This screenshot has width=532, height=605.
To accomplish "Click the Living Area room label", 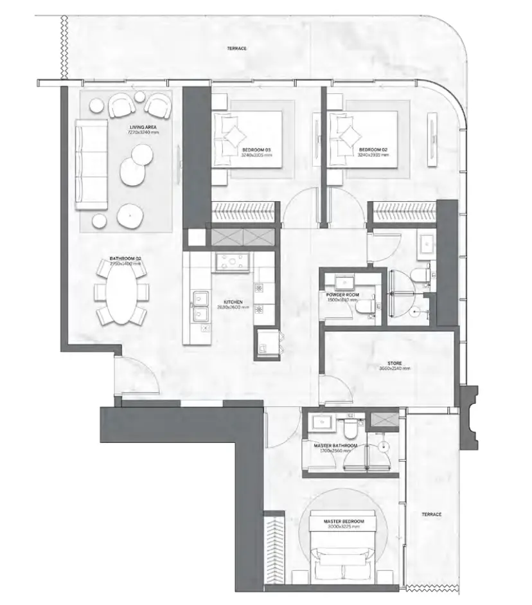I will click(143, 128).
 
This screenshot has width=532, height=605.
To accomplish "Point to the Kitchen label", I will click(233, 301).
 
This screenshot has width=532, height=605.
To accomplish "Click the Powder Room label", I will click(342, 295).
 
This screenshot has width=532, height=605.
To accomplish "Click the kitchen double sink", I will click(200, 306).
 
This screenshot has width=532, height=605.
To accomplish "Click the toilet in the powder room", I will click(364, 307).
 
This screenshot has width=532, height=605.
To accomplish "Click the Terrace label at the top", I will click(236, 49).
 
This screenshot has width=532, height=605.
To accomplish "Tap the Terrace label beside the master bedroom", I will click(431, 515).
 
